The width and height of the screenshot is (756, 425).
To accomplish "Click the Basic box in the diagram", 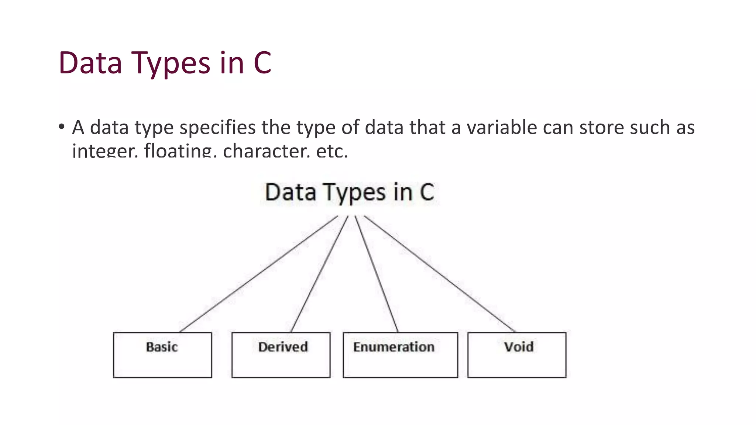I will (x=162, y=355).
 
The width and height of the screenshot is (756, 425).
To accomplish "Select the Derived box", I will (x=281, y=355).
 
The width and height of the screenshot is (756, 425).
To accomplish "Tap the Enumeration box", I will (x=400, y=355).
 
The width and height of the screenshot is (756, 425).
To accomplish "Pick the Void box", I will (x=516, y=355).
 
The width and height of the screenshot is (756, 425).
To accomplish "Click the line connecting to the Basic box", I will (x=258, y=274).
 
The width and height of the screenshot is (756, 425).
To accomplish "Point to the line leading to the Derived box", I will (x=319, y=274).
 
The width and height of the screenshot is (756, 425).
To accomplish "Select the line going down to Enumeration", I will (x=377, y=274).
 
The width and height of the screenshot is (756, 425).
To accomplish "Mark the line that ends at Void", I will (x=439, y=274).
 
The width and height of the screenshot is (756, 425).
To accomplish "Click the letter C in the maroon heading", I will (x=262, y=63).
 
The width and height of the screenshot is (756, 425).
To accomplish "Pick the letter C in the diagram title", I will (x=427, y=193).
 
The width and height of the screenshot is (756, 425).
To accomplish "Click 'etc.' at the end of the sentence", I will (x=332, y=151).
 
